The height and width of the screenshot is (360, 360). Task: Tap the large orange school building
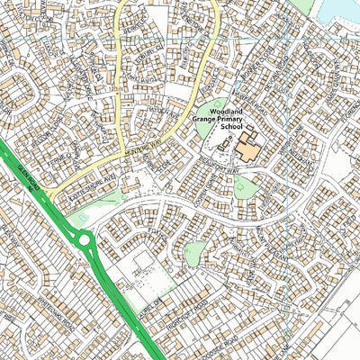coord(248,143)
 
